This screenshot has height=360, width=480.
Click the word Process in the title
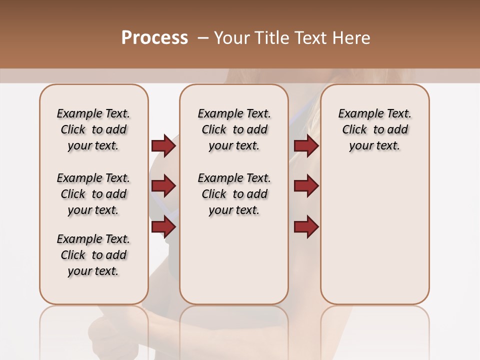pyautogui.click(x=154, y=38)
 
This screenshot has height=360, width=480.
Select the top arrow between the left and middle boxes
pyautogui.click(x=163, y=145)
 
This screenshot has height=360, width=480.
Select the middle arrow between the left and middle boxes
pyautogui.click(x=163, y=186)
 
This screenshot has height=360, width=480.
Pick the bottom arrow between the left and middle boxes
pyautogui.click(x=163, y=226)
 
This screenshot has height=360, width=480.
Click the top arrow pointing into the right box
pyautogui.click(x=306, y=145)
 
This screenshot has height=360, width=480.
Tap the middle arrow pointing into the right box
pyautogui.click(x=306, y=186)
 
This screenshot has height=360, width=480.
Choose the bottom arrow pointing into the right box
pyautogui.click(x=306, y=226)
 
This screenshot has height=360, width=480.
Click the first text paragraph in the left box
pyautogui.click(x=93, y=129)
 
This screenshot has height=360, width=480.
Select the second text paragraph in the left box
pyautogui.click(x=93, y=194)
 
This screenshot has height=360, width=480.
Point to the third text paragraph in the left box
pyautogui.click(x=93, y=255)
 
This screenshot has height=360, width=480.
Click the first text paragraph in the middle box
pyautogui.click(x=234, y=129)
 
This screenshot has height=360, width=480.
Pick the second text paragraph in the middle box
pyautogui.click(x=234, y=194)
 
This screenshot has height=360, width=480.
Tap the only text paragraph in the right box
pyautogui.click(x=374, y=129)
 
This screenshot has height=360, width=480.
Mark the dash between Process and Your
pyautogui.click(x=202, y=38)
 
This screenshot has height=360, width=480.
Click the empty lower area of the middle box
pyautogui.click(x=234, y=265)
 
